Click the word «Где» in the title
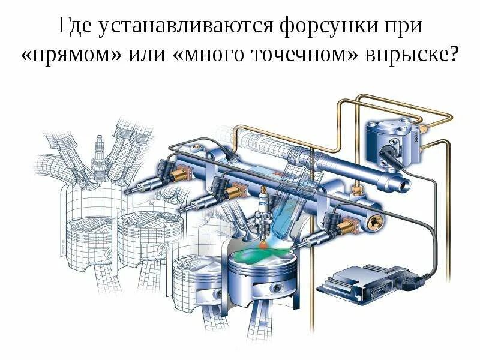[x=76, y=26]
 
